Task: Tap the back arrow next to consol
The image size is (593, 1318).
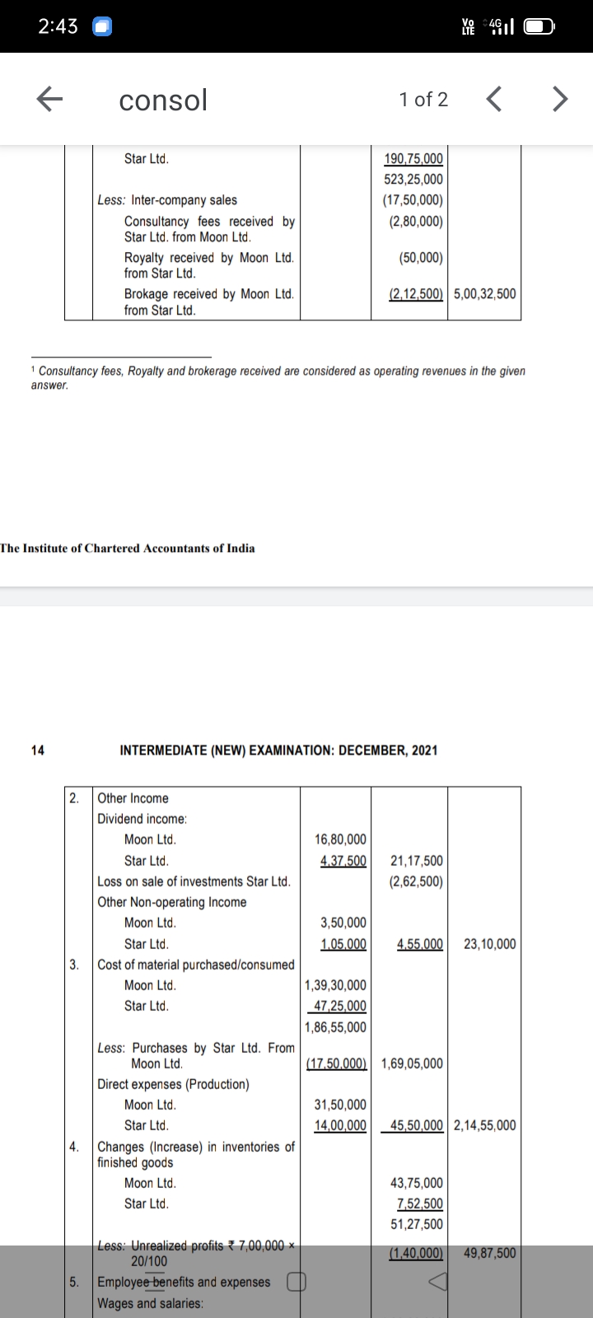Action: pyautogui.click(x=50, y=100)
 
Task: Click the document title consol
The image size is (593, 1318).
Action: pyautogui.click(x=163, y=100)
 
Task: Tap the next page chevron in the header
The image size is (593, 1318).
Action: pyautogui.click(x=559, y=100)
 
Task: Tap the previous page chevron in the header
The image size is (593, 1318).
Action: pyautogui.click(x=493, y=100)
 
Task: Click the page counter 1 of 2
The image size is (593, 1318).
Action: pyautogui.click(x=423, y=100)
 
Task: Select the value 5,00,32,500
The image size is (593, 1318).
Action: pyautogui.click(x=485, y=294)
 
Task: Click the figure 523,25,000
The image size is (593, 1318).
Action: pyautogui.click(x=413, y=179)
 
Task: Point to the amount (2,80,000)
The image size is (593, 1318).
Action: pyautogui.click(x=413, y=222)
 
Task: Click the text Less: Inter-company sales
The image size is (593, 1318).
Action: pyautogui.click(x=167, y=200)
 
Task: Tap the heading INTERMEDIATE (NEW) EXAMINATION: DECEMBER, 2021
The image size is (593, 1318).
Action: pyautogui.click(x=278, y=750)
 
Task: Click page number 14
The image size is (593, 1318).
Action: pyautogui.click(x=38, y=750)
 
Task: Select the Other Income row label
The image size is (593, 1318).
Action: pyautogui.click(x=133, y=798)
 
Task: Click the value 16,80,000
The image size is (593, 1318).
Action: pyautogui.click(x=341, y=839)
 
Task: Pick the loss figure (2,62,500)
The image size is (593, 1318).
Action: pyautogui.click(x=416, y=881)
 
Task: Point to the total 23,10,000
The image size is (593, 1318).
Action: pyautogui.click(x=490, y=944)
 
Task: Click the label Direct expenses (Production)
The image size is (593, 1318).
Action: pyautogui.click(x=173, y=1084)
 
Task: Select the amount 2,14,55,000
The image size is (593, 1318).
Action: pyautogui.click(x=485, y=1125)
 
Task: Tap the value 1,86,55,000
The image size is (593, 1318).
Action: pyautogui.click(x=336, y=1027)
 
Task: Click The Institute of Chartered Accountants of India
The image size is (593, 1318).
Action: pyautogui.click(x=128, y=549)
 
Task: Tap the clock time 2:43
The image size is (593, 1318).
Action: pyautogui.click(x=58, y=26)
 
